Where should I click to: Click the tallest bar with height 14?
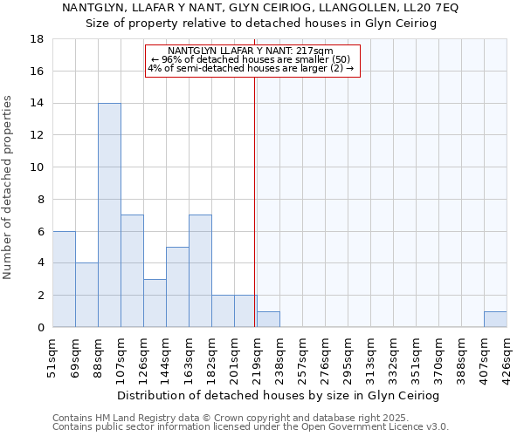(x=109, y=215)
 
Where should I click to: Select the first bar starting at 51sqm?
(x=64, y=279)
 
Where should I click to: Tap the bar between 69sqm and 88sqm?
(x=86, y=295)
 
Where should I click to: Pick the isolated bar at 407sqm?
(x=495, y=319)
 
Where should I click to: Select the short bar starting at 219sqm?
(x=268, y=319)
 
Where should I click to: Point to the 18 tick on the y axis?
(x=38, y=39)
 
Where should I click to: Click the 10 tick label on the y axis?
(x=38, y=167)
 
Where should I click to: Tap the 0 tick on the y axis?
(x=40, y=327)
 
